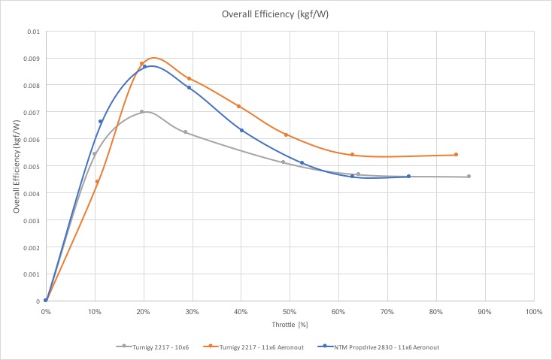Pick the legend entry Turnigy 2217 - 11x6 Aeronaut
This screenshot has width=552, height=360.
pyautogui.click(x=257, y=346)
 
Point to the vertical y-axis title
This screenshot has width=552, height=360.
pyautogui.click(x=16, y=166)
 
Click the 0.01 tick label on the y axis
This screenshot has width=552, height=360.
pyautogui.click(x=33, y=32)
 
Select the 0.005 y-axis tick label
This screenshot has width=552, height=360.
pyautogui.click(x=31, y=166)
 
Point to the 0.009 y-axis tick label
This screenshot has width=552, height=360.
pyautogui.click(x=31, y=58)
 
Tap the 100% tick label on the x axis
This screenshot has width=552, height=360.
pyautogui.click(x=533, y=311)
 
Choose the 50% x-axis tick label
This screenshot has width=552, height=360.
pyautogui.click(x=290, y=311)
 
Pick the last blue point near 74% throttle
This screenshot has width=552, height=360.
pyautogui.click(x=408, y=177)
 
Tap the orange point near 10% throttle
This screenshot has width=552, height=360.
pyautogui.click(x=97, y=182)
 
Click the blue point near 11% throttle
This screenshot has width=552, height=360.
pyautogui.click(x=100, y=122)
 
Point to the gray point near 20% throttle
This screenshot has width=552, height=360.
pyautogui.click(x=141, y=112)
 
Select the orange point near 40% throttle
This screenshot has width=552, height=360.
pyautogui.click(x=239, y=107)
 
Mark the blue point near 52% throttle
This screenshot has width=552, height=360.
pyautogui.click(x=302, y=163)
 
